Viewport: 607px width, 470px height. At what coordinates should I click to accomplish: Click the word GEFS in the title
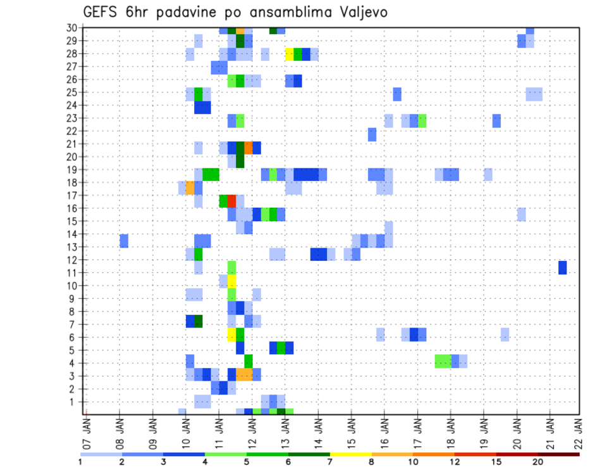(101, 13)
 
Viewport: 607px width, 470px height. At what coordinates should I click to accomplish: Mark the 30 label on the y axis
(71, 27)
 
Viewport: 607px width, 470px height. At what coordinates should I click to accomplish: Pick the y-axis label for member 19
(71, 170)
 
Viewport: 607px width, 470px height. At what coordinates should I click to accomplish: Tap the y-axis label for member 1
(73, 402)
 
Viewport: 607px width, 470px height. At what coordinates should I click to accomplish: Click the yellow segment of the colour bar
(350, 454)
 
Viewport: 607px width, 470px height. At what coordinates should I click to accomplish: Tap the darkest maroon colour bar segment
(558, 454)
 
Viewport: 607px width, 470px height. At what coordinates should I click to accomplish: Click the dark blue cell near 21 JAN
(562, 267)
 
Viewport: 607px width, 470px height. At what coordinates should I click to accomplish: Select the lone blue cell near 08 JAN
(124, 241)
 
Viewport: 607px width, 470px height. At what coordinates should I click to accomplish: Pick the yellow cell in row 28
(290, 54)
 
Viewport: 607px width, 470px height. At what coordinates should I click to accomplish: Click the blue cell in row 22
(372, 134)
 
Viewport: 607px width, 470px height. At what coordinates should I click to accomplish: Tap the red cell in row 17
(231, 201)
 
